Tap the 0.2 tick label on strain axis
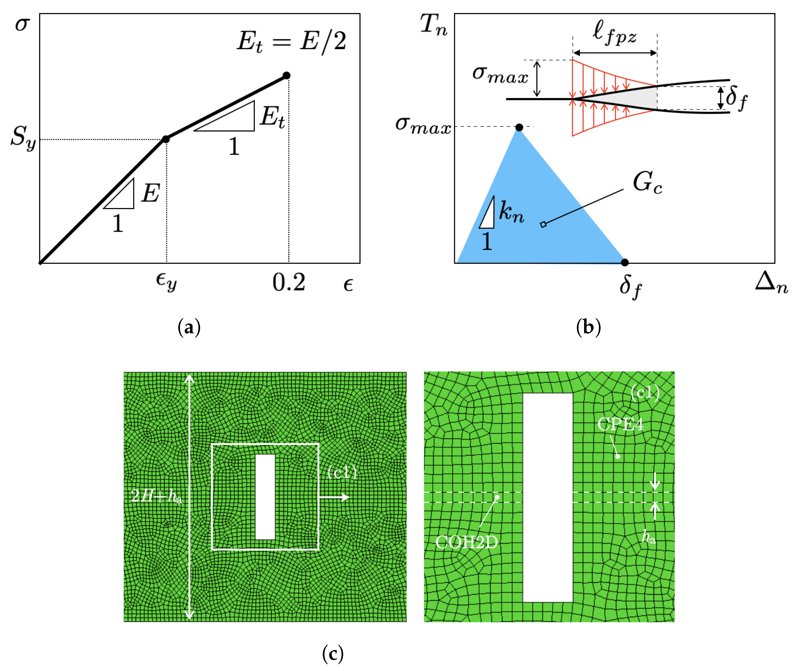coord(288,283)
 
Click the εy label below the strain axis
coord(166,282)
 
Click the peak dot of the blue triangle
coord(519,127)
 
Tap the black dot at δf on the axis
coord(625,262)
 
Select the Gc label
coord(647,182)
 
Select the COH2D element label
coord(466,542)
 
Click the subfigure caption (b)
coord(588,327)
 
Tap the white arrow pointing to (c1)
coord(334,497)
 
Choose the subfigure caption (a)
coord(189,327)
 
